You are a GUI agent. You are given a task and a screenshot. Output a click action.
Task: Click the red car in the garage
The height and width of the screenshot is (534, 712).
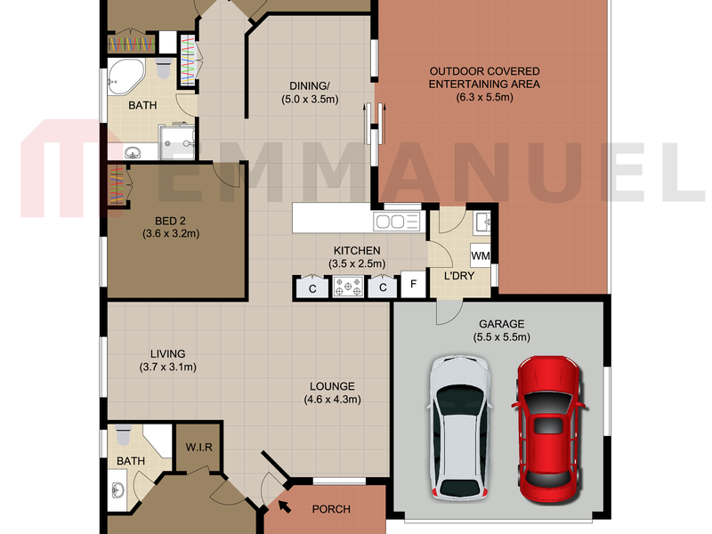coord(548,430)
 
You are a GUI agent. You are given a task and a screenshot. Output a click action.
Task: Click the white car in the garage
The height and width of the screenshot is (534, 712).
coord(459,428)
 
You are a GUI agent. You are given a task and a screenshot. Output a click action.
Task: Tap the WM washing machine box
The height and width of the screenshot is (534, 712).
coord(481,255)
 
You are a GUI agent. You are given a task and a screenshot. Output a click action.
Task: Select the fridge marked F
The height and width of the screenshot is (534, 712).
coord(413,284)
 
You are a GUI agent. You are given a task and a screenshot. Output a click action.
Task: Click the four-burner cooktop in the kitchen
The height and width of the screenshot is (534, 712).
coord(348,287)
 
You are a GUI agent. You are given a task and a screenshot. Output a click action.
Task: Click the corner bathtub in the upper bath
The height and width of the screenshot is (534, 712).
coord(125,76)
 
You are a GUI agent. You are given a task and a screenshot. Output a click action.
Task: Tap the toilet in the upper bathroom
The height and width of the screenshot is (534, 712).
coord(163,68)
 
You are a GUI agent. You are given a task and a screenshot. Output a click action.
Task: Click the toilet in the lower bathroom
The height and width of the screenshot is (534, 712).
coord(123,434)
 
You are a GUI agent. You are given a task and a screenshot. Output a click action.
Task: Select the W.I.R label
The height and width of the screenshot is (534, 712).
coord(198,448)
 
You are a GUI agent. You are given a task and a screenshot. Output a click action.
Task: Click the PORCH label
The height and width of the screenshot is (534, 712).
coord(331,509)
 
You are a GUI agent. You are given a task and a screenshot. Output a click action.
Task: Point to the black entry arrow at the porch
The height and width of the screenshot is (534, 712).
coord(284,506)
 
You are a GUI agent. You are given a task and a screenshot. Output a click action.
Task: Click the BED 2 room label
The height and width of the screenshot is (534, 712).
coord(170,221)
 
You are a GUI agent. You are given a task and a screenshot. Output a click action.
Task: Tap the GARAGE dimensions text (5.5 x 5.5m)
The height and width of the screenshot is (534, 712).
coord(501,337)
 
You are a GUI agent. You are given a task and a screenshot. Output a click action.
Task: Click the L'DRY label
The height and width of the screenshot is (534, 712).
coord(459,276)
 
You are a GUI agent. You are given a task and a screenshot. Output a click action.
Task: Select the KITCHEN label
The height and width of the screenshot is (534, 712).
coord(357,251)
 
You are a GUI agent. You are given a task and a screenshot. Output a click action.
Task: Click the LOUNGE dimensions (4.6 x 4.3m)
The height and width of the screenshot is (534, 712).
coord(332,400)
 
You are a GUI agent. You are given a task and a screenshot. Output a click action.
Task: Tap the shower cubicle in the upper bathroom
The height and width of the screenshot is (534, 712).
coord(177,142)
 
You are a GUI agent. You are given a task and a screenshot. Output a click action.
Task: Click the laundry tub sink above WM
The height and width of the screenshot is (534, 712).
coord(481,223)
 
